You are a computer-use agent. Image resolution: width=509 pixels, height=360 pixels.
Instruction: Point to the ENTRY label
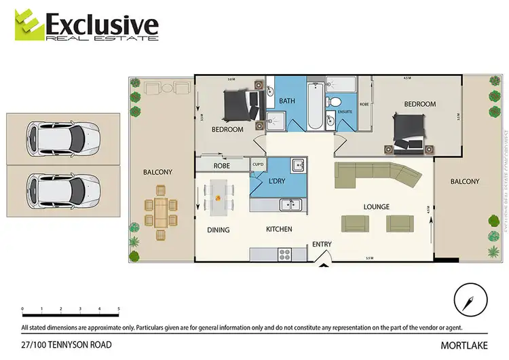pos(321,245)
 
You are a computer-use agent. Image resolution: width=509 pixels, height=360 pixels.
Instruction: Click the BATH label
pos(287,101)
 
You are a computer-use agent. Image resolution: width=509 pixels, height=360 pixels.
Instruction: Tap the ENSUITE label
pos(344,111)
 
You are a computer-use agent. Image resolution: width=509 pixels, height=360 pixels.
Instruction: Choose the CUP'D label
pos(258,164)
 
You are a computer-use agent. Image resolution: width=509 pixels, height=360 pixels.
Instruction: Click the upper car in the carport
pos(62,138)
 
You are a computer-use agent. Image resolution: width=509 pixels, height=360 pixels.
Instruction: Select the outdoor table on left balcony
pos(161,213)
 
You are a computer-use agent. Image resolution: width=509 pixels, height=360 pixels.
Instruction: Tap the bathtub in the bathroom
pos(315,107)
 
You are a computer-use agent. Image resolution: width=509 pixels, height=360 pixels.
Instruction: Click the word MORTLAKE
pos(468,346)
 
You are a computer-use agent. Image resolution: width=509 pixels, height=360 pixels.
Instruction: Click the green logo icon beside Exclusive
pos(28,25)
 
